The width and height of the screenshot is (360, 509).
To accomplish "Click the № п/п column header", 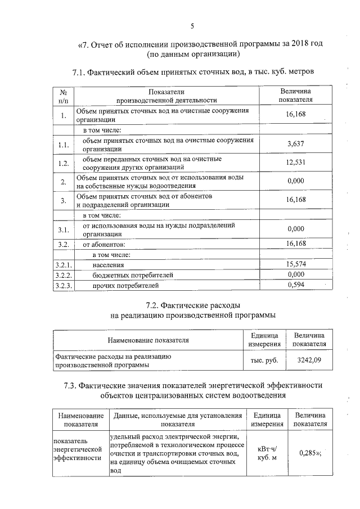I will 63,96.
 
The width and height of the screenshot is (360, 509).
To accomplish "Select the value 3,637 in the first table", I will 295,144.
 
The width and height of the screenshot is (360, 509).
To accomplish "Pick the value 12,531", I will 295,163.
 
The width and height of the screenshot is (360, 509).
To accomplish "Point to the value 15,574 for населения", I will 295,264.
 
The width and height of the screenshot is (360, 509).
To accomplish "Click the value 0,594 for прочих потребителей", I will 295,285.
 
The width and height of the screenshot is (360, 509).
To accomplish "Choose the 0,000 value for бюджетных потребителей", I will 295,274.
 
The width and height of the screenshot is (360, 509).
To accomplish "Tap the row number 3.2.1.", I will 63,264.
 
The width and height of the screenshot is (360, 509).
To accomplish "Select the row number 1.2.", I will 63,164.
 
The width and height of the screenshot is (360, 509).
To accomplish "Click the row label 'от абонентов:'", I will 103,244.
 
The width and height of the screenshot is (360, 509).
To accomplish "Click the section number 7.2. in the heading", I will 152,305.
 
